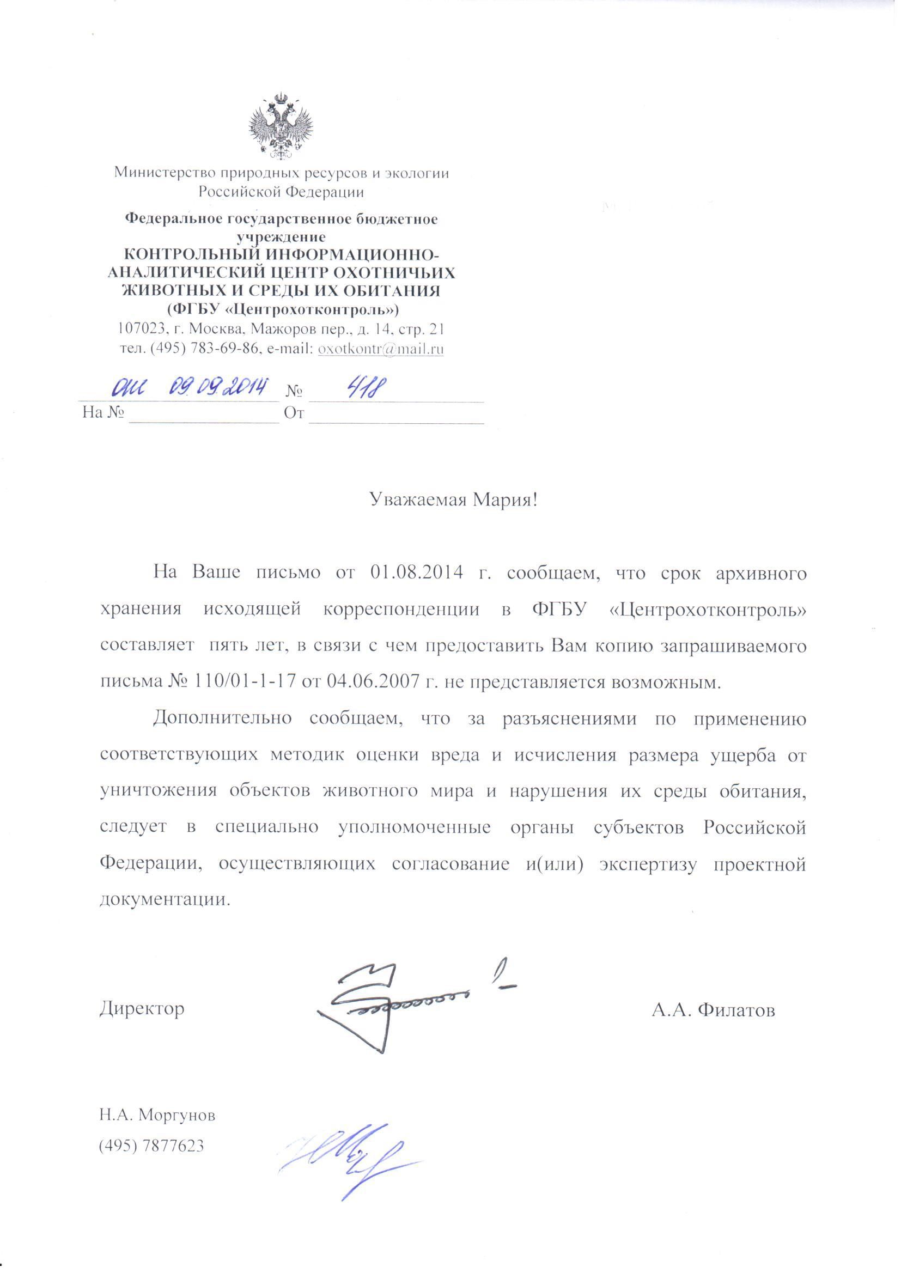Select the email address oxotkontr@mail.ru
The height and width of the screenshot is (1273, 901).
click(381, 350)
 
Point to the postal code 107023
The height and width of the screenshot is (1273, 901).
click(142, 330)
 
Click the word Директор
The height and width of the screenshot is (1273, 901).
click(142, 1008)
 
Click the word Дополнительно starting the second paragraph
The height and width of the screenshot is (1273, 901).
click(222, 718)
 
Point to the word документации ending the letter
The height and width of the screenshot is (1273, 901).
click(164, 899)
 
